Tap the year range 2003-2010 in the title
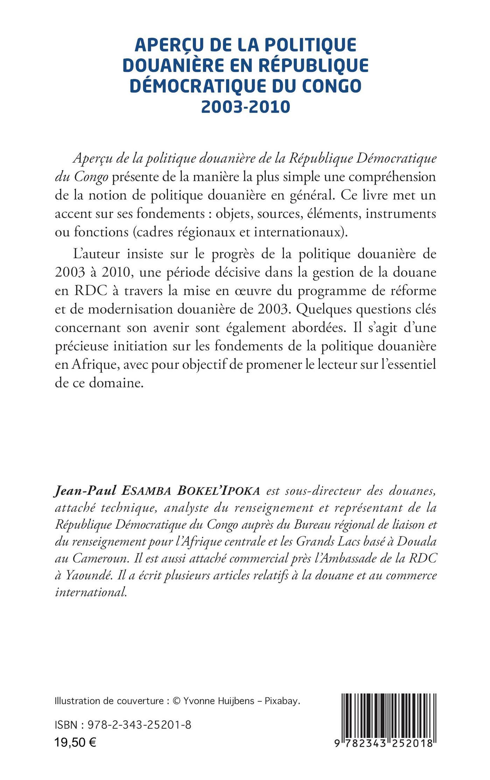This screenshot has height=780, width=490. point(245,106)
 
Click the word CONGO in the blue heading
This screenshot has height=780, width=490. point(331,86)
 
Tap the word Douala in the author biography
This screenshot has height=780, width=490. point(418,542)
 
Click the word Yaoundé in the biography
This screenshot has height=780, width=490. point(84,575)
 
